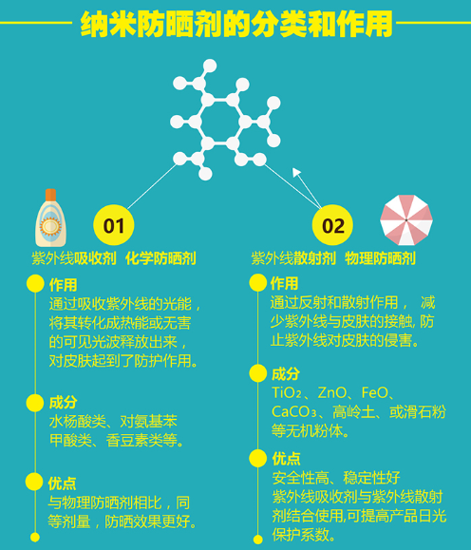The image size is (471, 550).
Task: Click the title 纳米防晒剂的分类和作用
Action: coord(236,24)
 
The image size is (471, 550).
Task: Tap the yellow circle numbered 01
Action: coord(114,225)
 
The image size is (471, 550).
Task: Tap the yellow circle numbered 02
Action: coord(332,225)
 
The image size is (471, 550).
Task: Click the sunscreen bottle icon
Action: coord(51,218)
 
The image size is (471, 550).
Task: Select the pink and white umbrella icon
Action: coord(406,220)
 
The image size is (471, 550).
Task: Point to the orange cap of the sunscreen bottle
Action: coord(51,195)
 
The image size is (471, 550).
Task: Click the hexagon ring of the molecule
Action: coord(220,123)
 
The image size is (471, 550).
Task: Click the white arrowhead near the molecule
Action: coord(296,172)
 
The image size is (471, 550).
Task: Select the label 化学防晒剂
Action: coord(160,258)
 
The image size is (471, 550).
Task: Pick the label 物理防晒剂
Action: coord(380,258)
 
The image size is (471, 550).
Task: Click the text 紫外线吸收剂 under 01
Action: coord(74,258)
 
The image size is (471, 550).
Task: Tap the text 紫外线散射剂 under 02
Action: coord(293,258)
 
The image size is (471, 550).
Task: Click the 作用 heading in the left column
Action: coord(63,285)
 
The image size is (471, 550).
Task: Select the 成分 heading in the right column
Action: coord(286,374)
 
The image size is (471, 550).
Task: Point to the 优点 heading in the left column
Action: coord(62,484)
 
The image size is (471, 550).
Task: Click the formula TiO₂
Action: coord(287,393)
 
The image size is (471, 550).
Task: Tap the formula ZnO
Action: coord(332,393)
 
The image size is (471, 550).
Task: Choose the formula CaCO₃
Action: coord(294,412)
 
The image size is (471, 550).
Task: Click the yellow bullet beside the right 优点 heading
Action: coord(258,458)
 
